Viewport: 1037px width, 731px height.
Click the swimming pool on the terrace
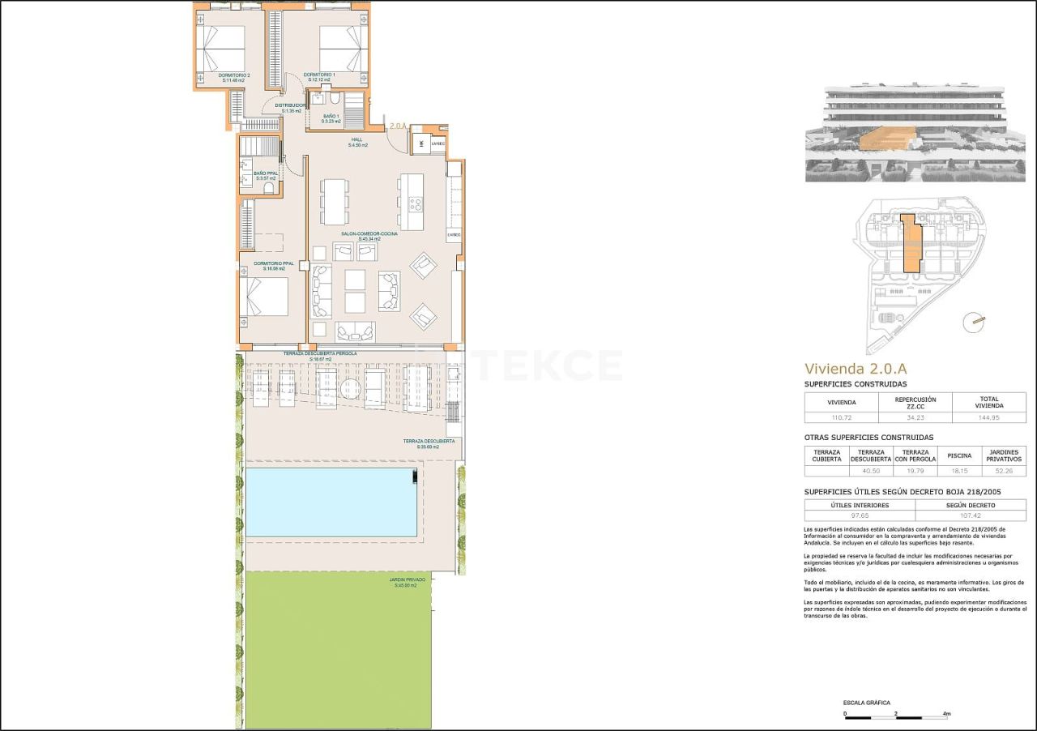[331, 502]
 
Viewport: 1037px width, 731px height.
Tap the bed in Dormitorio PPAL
[267, 297]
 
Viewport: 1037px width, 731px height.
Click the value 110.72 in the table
[840, 417]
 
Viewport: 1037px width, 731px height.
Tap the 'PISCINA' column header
[959, 455]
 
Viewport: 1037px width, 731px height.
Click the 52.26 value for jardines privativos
[1003, 470]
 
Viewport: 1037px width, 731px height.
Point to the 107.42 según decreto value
[970, 515]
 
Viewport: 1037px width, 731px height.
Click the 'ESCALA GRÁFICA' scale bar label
[866, 703]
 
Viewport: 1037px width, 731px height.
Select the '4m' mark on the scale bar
[946, 714]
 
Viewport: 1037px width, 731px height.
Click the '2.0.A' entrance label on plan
[397, 126]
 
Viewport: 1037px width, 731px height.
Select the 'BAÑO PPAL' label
[266, 174]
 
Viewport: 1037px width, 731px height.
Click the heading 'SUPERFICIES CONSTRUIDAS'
[855, 384]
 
